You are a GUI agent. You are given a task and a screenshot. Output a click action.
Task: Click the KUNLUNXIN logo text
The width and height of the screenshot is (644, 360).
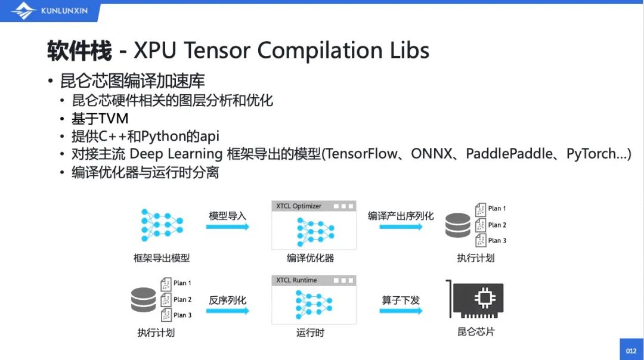tap(64, 11)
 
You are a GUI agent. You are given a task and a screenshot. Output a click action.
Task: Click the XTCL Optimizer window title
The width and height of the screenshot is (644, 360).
tap(299, 206)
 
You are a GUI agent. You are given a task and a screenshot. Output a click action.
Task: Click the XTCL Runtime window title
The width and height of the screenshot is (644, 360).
tap(296, 280)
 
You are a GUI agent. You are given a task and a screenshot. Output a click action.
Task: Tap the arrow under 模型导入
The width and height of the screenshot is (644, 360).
tap(228, 226)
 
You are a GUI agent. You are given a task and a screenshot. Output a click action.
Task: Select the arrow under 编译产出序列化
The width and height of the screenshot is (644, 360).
tap(401, 226)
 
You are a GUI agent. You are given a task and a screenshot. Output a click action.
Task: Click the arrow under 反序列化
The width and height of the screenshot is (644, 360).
tap(228, 311)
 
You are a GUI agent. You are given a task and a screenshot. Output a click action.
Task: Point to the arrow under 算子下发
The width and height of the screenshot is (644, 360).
tap(401, 311)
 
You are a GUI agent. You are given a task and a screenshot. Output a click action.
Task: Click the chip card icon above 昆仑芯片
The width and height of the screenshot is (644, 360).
tap(475, 299)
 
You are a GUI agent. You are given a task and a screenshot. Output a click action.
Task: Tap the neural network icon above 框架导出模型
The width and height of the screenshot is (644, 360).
tap(162, 225)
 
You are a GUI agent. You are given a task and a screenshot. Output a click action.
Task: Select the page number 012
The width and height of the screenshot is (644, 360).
tap(631, 351)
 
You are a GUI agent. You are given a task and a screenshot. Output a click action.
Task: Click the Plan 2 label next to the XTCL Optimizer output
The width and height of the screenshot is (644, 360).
tap(497, 225)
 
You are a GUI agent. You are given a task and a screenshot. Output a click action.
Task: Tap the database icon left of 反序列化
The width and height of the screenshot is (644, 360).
tap(143, 300)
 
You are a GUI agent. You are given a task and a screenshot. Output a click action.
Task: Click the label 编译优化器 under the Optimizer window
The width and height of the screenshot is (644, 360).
tap(310, 258)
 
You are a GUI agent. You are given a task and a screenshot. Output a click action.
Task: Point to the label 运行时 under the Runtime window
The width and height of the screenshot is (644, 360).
tap(310, 332)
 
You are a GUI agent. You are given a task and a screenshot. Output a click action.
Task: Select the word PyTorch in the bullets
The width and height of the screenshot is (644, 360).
tap(591, 154)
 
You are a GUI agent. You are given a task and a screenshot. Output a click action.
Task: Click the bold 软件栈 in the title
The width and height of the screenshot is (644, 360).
tap(79, 51)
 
